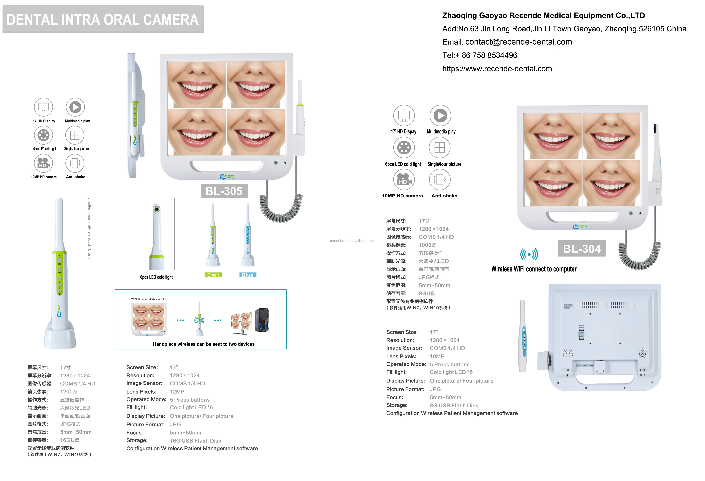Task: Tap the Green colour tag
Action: (213, 275)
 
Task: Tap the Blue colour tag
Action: (247, 275)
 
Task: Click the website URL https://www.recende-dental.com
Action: (497, 69)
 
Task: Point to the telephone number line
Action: (480, 55)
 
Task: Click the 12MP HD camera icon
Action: (43, 163)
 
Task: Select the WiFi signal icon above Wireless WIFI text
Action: (529, 254)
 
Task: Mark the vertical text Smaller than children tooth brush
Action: (90, 228)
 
